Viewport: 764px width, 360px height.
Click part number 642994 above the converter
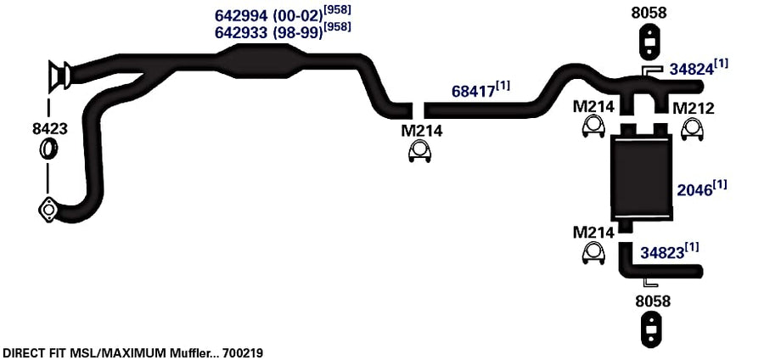241,15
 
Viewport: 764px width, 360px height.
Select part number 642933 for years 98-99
241,32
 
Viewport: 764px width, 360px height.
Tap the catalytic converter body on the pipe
261,61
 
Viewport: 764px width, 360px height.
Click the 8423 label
50,129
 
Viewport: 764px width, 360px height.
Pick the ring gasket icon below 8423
48,149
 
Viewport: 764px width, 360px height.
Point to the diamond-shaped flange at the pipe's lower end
48,210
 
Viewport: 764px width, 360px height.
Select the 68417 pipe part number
473,91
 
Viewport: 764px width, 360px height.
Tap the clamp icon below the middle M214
420,152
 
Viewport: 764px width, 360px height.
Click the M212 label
694,108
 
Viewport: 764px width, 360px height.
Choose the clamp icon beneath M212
692,130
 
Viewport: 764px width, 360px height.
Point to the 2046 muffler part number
694,189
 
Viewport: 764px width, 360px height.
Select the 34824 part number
691,69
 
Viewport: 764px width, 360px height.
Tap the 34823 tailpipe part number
662,252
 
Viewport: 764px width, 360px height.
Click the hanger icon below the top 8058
649,42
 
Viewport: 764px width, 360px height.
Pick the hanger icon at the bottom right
650,329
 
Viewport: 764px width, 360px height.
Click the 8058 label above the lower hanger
653,301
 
